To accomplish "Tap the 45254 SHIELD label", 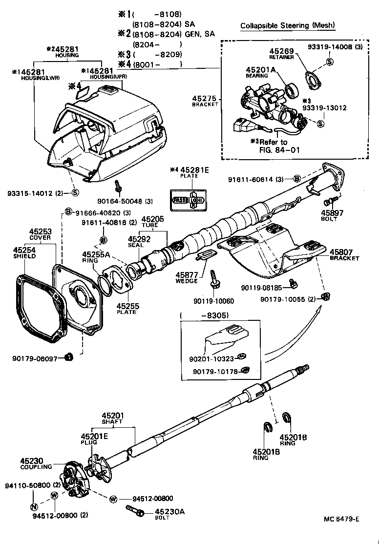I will pyautogui.click(x=23, y=251).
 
